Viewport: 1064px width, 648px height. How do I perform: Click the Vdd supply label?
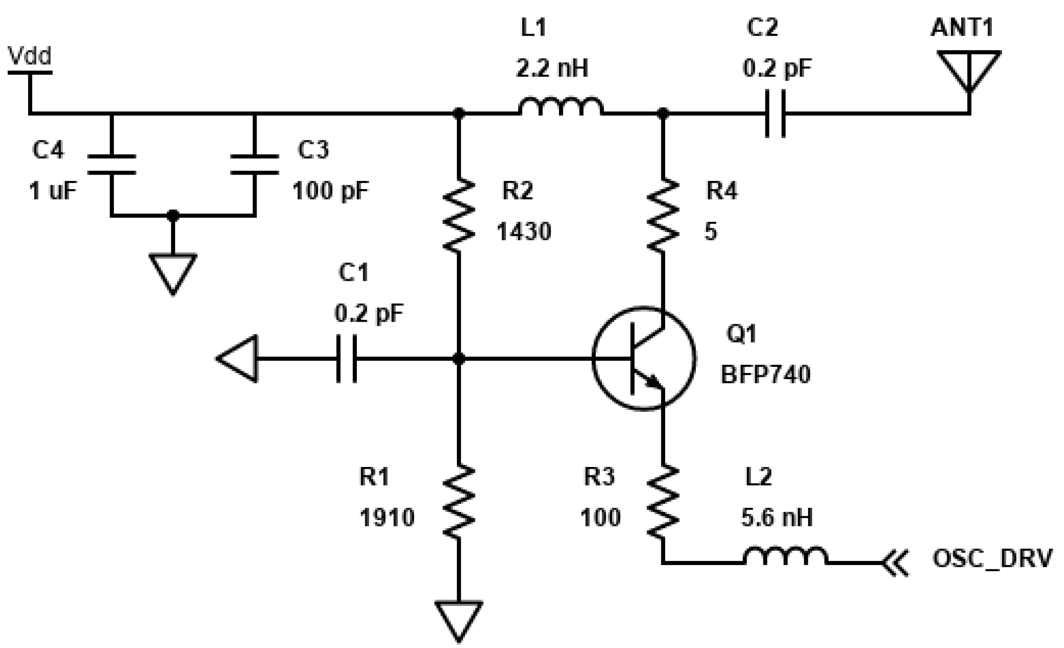tap(29, 56)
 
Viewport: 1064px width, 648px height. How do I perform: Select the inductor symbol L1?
tap(561, 107)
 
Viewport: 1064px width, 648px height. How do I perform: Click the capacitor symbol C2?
tap(775, 113)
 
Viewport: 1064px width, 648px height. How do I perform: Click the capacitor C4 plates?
tap(112, 164)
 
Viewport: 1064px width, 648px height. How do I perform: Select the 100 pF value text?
tap(331, 190)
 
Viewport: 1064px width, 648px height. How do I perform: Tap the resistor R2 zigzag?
tap(459, 215)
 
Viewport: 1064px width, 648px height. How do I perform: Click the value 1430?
tap(524, 232)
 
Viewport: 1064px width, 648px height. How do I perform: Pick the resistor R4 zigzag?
tap(663, 215)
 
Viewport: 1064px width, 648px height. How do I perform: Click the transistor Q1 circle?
tap(643, 359)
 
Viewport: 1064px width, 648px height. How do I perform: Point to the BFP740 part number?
tap(765, 374)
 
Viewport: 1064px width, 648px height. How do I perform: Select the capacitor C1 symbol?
tap(346, 359)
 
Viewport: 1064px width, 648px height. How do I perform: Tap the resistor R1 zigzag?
tap(459, 501)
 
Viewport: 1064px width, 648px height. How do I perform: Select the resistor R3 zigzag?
tap(663, 501)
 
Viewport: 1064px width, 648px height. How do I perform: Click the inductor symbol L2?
tap(785, 556)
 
